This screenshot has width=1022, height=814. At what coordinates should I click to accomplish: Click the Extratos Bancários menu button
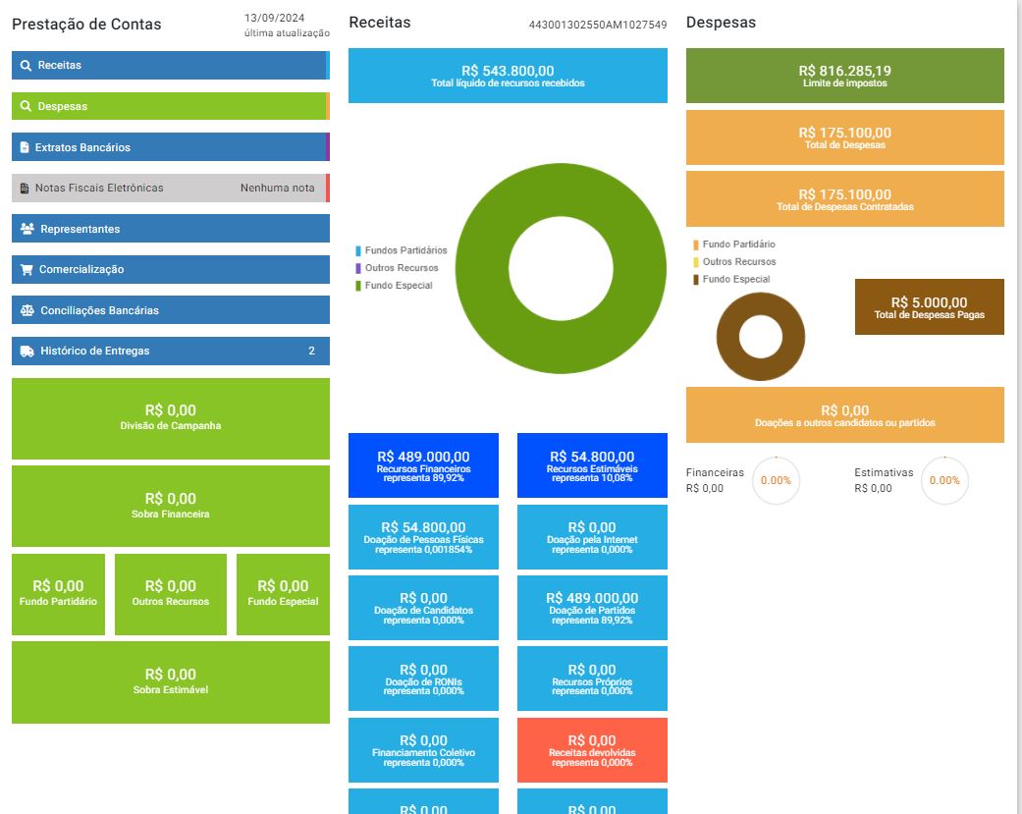171,146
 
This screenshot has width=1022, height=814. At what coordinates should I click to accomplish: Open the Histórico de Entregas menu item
171,351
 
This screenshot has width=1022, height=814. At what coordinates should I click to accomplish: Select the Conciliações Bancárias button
171,310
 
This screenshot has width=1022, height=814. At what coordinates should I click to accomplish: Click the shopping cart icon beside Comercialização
27,269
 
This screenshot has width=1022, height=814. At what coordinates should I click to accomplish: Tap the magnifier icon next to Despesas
27,106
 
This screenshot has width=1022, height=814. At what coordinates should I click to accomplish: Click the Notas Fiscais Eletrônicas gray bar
171,188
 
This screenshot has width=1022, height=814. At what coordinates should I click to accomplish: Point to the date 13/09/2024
275,18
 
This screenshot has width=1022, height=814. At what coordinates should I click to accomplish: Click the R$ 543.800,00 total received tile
508,76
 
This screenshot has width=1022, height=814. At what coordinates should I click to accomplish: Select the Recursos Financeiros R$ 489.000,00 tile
424,465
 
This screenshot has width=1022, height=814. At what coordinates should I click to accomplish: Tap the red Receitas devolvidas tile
592,750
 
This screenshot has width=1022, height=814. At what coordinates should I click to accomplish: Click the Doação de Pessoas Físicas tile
424,537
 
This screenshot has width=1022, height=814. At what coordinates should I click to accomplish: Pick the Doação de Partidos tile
592,608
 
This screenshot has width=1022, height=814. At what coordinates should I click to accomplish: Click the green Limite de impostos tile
844,76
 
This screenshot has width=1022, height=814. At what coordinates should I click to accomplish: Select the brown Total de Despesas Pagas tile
930,307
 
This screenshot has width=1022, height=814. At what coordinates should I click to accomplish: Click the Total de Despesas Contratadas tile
844,198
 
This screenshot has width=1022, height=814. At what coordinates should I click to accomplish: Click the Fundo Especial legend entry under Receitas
395,286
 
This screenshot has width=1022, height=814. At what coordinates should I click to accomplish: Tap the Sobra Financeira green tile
171,506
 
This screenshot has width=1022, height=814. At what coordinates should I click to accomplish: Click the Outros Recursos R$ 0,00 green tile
171,594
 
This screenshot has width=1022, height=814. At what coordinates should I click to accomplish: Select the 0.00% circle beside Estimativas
944,480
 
